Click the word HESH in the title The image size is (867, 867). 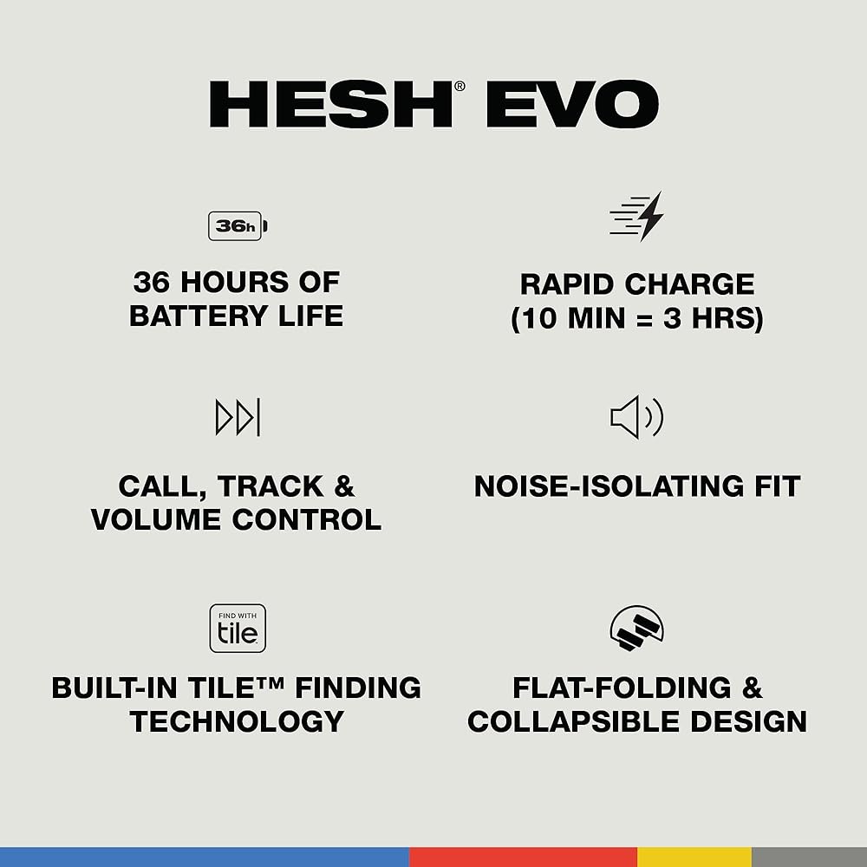(330, 104)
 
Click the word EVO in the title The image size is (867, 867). (572, 104)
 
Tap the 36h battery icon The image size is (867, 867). (238, 226)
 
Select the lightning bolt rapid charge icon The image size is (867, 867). (636, 217)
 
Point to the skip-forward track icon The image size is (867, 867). (238, 417)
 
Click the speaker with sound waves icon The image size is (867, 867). (636, 417)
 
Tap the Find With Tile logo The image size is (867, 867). (238, 628)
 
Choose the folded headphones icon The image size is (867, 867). (636, 628)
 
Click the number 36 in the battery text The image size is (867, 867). (151, 282)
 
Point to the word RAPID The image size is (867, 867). (567, 284)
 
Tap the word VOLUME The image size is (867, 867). (156, 519)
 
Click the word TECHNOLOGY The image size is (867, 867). (237, 721)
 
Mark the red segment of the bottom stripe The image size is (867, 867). (523, 857)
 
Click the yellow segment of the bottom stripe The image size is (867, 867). (694, 857)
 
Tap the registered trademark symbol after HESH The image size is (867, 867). (460, 86)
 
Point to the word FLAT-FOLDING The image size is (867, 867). (622, 688)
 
